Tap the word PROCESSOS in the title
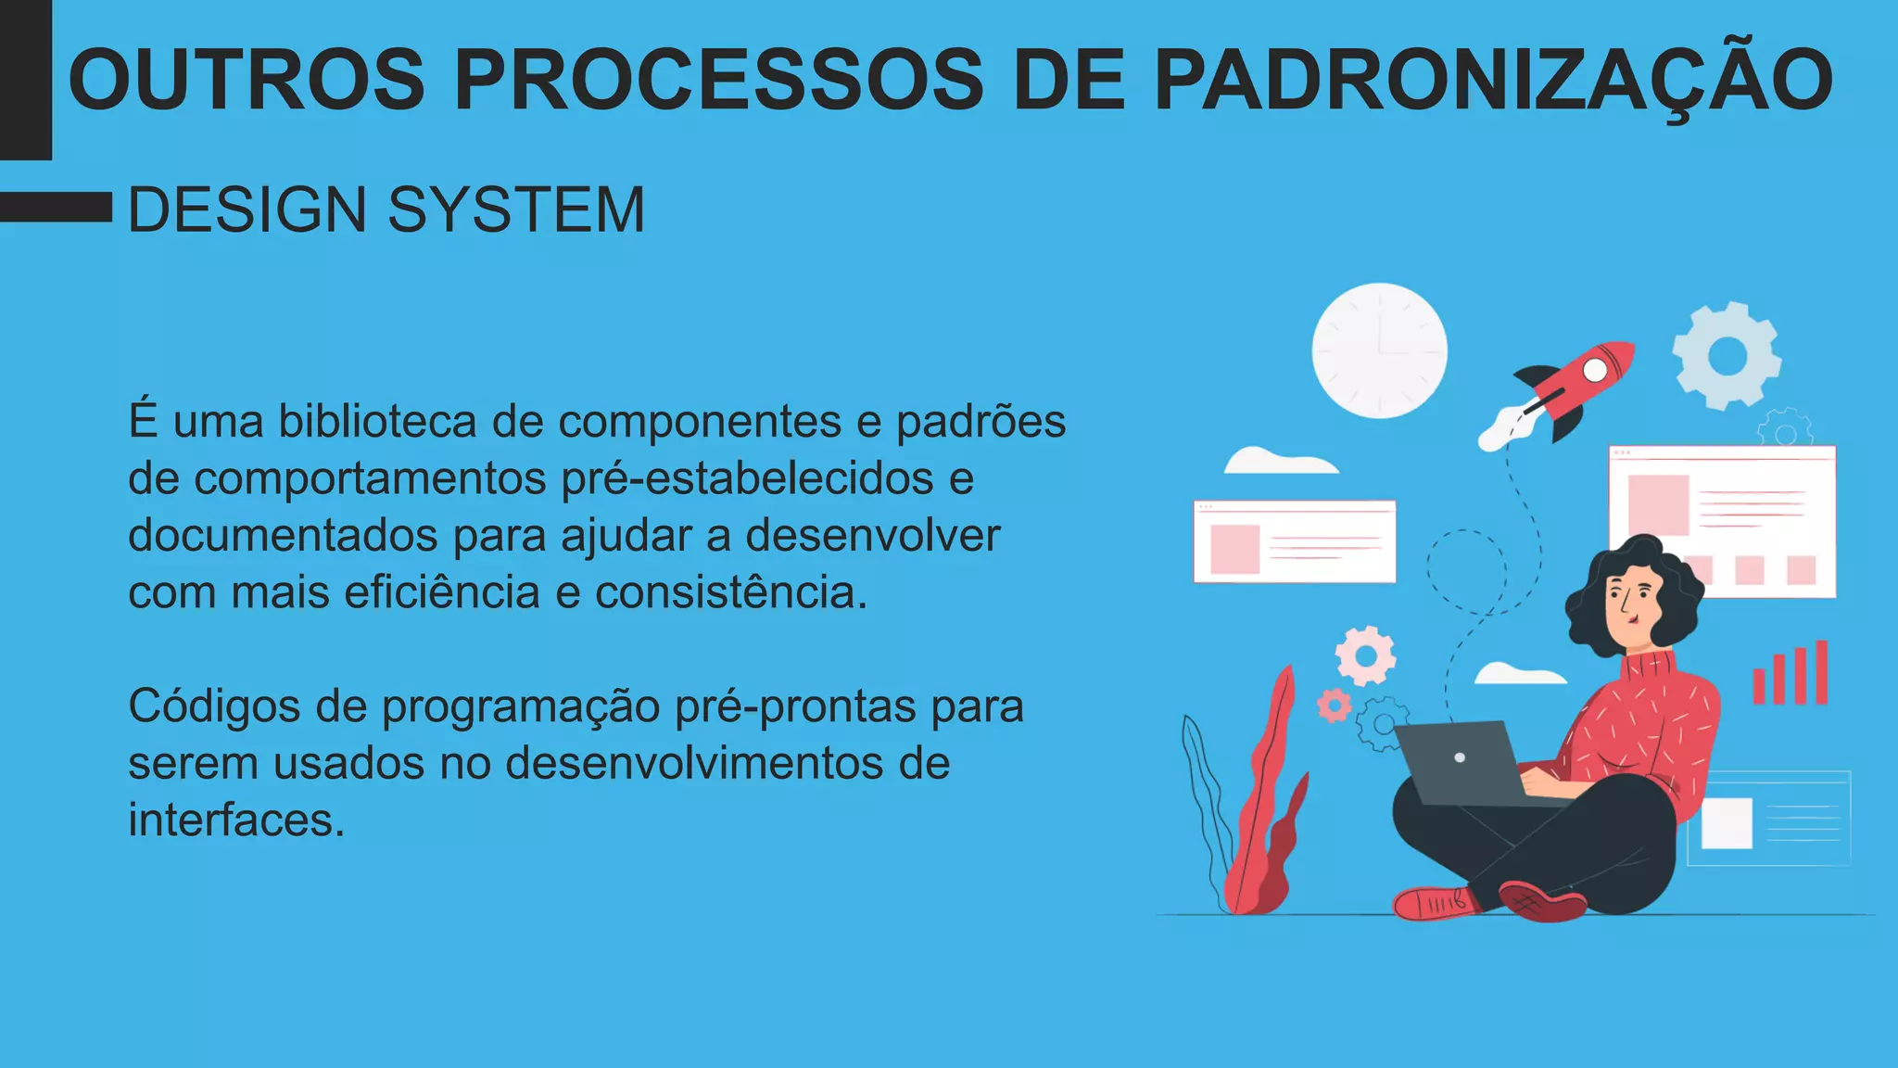718,80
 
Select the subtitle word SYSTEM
515,210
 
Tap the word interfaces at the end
236,820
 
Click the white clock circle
1379,350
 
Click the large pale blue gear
1726,355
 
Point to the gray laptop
1460,762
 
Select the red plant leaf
1265,807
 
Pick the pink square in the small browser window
1234,549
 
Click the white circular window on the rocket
1595,370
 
